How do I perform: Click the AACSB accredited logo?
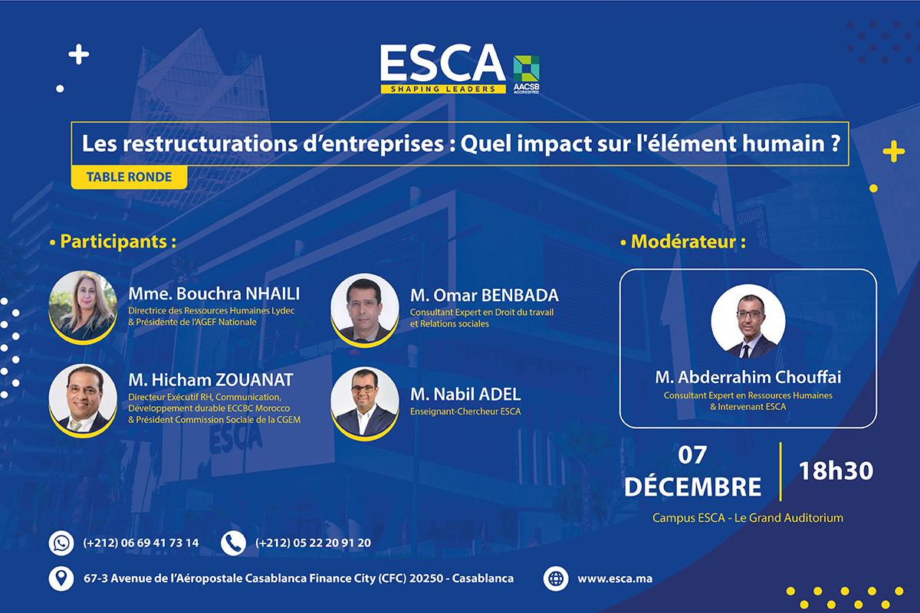(526, 74)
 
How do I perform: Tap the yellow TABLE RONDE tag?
(129, 177)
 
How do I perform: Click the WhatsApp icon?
(61, 543)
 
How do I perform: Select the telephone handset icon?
(233, 543)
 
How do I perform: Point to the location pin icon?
(61, 579)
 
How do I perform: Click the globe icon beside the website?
(556, 579)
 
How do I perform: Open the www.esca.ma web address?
(615, 579)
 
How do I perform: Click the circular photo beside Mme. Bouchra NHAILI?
(83, 306)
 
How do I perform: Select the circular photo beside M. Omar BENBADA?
(365, 309)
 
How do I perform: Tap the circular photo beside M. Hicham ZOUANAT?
(83, 399)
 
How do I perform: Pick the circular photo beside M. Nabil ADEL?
(365, 402)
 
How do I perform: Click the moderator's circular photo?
(748, 321)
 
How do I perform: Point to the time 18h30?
(836, 471)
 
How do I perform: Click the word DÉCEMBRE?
(693, 487)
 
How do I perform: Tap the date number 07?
(692, 455)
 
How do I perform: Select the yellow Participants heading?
(113, 242)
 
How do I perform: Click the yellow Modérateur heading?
(683, 242)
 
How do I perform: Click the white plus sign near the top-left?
(79, 54)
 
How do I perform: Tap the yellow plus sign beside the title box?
(894, 152)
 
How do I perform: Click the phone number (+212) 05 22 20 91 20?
(313, 543)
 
